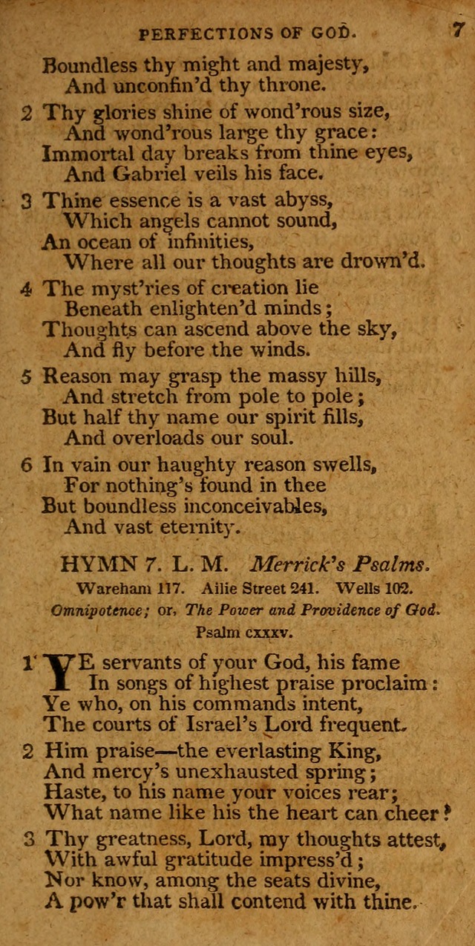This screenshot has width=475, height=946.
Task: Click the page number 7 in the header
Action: point(457,31)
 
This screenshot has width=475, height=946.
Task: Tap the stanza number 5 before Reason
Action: point(26,376)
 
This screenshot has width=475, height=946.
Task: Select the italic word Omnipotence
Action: point(96,610)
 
